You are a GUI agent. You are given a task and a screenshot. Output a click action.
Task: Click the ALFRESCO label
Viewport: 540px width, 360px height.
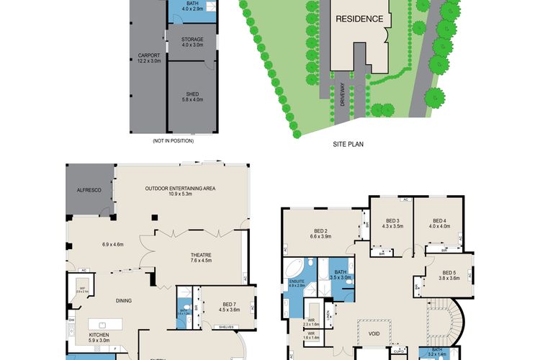pos(91,191)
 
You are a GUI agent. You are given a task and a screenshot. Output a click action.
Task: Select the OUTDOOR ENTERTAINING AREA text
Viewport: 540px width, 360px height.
pos(180,189)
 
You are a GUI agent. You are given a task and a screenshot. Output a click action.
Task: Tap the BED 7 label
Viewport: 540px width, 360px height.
pos(225,292)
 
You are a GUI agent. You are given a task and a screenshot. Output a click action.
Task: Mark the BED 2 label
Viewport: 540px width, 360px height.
pos(320,232)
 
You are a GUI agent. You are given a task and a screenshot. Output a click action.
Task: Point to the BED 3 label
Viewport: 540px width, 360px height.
pos(392,221)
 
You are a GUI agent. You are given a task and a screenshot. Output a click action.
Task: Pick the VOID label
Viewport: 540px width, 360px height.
pos(373,333)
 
